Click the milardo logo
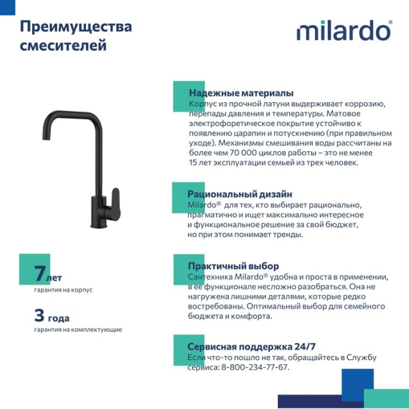(343, 31)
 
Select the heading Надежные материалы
(241, 93)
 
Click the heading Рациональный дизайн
(239, 194)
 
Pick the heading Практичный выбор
(233, 266)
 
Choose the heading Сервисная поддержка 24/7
(252, 346)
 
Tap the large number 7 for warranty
(40, 274)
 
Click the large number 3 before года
(40, 315)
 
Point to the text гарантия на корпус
(63, 290)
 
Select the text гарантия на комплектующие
(78, 330)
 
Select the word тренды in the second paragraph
(287, 234)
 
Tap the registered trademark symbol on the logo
(390, 23)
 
